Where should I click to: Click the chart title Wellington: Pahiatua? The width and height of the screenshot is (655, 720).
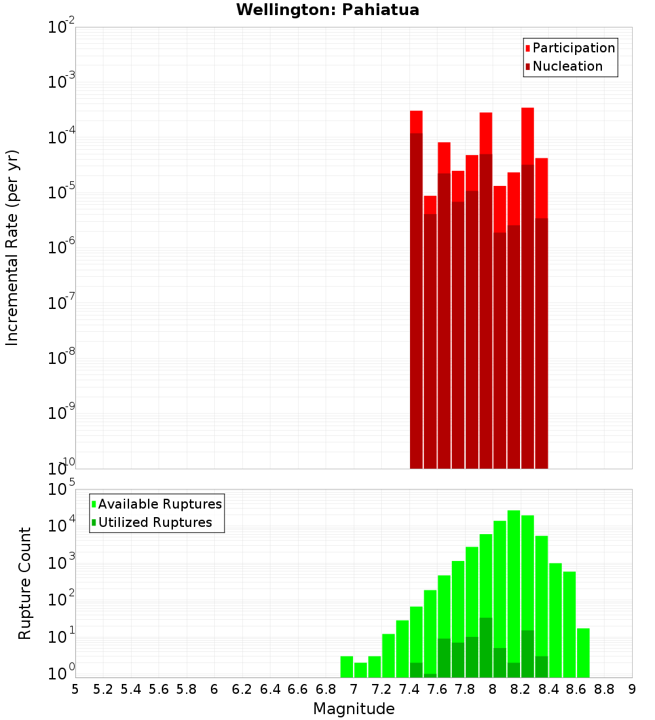tap(327, 10)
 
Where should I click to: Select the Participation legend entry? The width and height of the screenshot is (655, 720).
tap(573, 48)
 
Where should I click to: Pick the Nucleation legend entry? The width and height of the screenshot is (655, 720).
tap(567, 66)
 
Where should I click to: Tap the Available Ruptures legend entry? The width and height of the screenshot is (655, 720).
tap(160, 504)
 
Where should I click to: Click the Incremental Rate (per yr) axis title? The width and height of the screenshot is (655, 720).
tap(12, 247)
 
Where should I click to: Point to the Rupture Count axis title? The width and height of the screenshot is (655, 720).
tap(25, 583)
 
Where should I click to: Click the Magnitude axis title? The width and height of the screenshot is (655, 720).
tap(354, 709)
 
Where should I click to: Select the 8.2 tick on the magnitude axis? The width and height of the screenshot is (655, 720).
tap(521, 689)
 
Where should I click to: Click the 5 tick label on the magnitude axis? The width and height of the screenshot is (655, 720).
tap(75, 689)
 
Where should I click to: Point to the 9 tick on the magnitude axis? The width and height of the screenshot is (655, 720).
tap(632, 689)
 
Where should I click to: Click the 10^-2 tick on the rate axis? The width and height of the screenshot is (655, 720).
tap(60, 28)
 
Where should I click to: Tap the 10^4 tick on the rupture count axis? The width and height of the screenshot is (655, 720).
tap(60, 525)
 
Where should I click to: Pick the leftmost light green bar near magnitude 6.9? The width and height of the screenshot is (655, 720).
tap(346, 666)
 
